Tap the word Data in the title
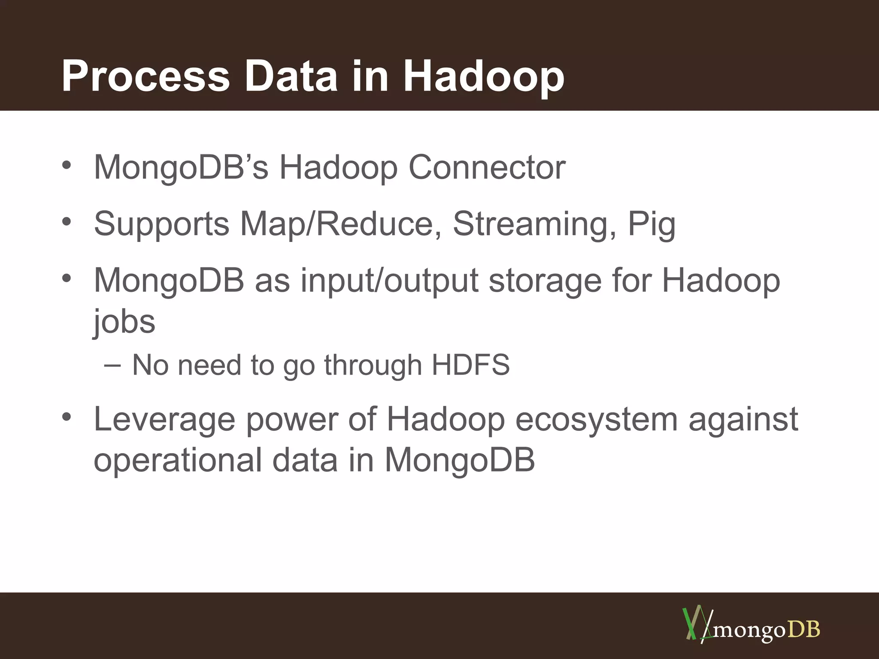point(291,76)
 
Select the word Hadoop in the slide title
point(484,76)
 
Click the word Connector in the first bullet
point(487,167)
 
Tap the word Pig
point(652,224)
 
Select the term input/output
point(389,281)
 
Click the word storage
point(545,281)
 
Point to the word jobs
point(124,322)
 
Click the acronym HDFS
point(470,365)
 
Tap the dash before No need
point(112,365)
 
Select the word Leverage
point(164,419)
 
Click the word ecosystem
point(596,419)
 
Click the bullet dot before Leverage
point(66,417)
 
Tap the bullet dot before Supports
point(66,222)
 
